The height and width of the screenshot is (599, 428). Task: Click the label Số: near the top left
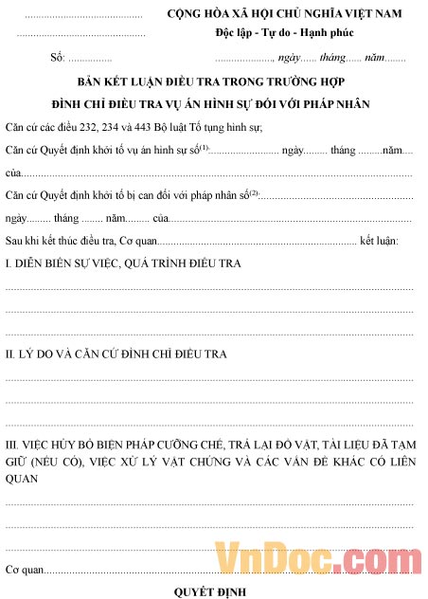pos(57,59)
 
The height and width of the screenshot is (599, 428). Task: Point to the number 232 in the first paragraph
pos(98,126)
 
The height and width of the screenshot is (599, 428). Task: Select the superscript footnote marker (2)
pos(253,191)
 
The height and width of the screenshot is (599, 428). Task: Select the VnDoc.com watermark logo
pos(317,559)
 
